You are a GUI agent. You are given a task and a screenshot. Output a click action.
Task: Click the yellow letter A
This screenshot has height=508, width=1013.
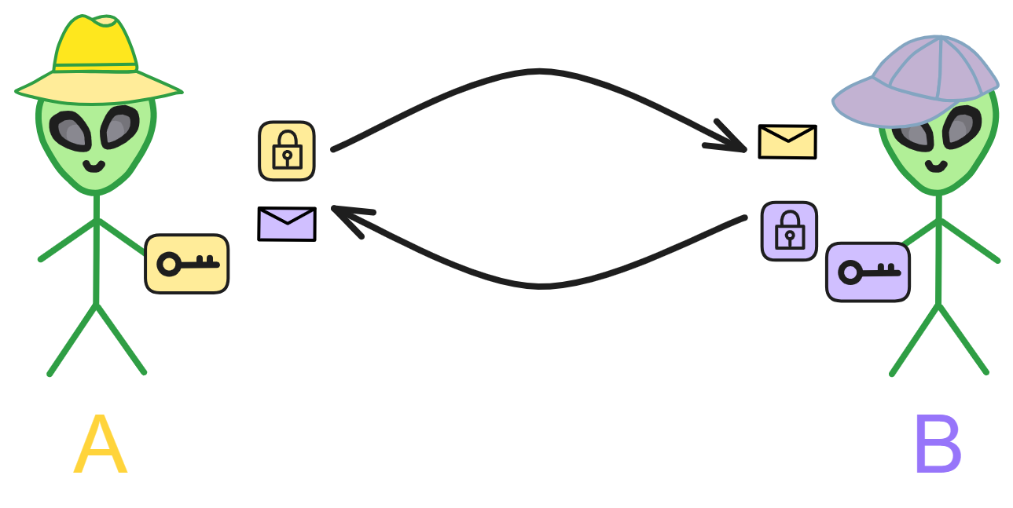(101, 444)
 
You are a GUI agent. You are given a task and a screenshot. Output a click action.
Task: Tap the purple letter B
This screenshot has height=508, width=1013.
(938, 444)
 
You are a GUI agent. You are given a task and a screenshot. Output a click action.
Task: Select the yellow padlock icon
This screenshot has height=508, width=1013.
(287, 151)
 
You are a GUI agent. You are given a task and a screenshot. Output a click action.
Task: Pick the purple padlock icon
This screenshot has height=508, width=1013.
(789, 232)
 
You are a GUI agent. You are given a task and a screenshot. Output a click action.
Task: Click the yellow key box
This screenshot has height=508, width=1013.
(187, 264)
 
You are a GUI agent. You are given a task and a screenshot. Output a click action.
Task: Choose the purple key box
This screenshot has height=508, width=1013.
(868, 272)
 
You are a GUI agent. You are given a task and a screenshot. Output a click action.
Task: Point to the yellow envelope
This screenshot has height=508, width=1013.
(787, 142)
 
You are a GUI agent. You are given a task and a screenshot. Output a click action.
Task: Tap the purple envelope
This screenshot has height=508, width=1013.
(287, 225)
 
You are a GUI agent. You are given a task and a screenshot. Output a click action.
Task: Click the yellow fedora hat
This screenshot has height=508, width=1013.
(98, 60)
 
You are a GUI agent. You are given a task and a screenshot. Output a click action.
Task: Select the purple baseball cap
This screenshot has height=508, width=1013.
(915, 82)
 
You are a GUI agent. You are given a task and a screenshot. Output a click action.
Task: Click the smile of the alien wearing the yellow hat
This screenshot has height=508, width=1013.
(94, 166)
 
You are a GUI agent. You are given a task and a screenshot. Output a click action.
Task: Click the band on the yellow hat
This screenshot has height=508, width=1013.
(95, 68)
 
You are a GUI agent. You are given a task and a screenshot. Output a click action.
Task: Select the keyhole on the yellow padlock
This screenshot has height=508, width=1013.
(287, 157)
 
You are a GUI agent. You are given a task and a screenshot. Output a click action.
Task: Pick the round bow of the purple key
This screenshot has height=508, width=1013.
(850, 272)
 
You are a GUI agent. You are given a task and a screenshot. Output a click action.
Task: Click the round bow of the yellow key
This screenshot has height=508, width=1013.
(169, 265)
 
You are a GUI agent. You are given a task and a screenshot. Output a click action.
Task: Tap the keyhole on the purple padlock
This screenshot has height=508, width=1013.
(790, 238)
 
